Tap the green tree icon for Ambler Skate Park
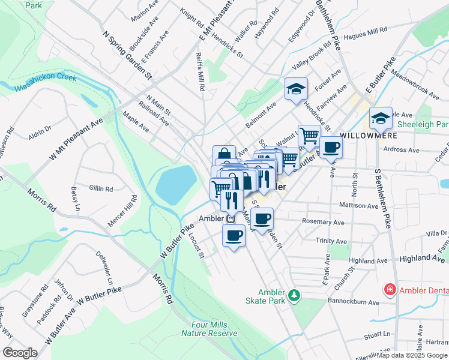click(x=294, y=295)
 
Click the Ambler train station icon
click(x=231, y=218)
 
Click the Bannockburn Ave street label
click(x=354, y=302)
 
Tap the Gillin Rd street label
click(x=100, y=188)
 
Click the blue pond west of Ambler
click(x=176, y=185)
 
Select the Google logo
click(x=20, y=353)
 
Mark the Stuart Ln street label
click(x=379, y=334)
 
